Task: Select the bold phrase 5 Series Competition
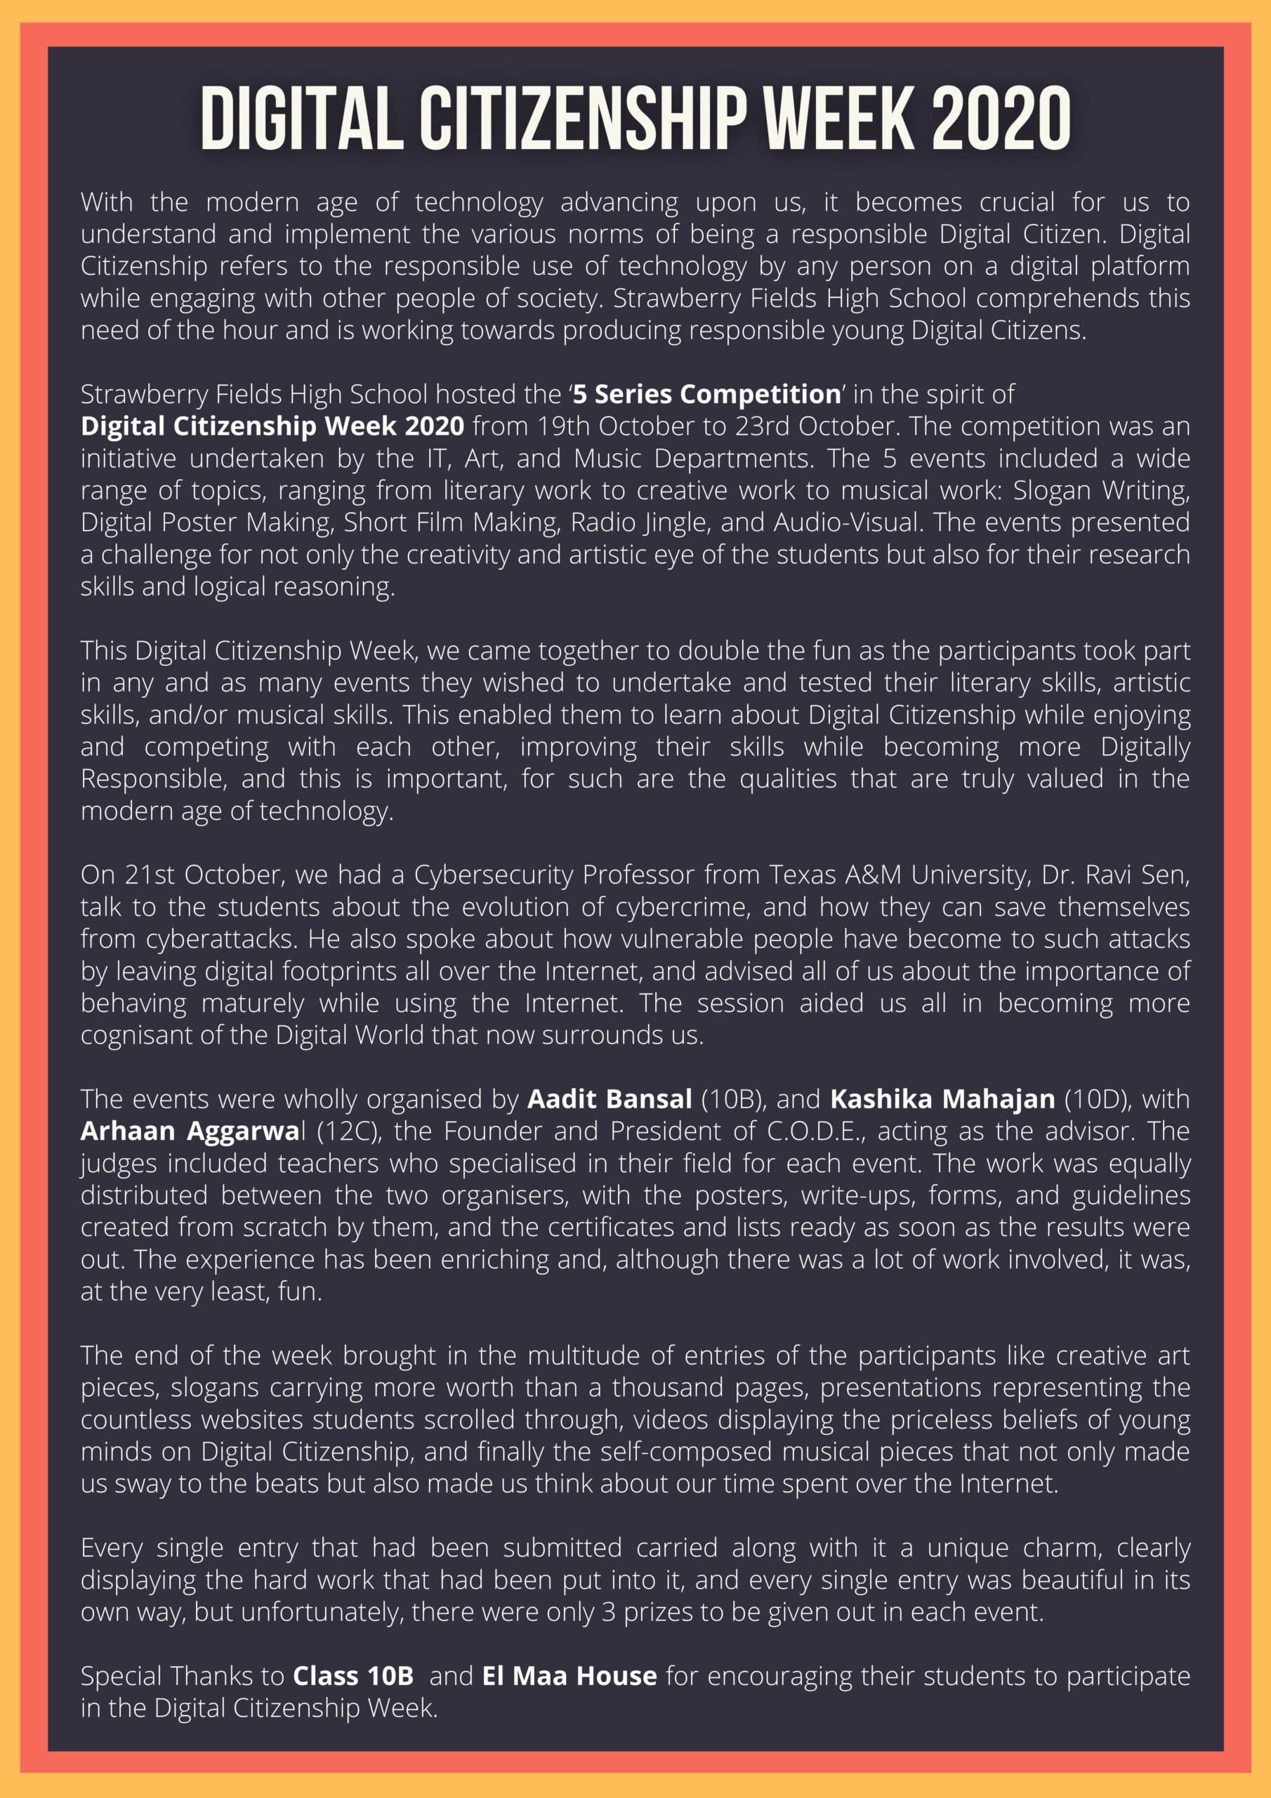point(706,394)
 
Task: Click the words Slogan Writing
point(1101,490)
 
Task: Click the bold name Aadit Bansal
point(610,1099)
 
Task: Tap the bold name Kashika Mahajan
point(942,1099)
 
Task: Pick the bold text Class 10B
point(353,1676)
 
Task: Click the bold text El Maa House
point(569,1676)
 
